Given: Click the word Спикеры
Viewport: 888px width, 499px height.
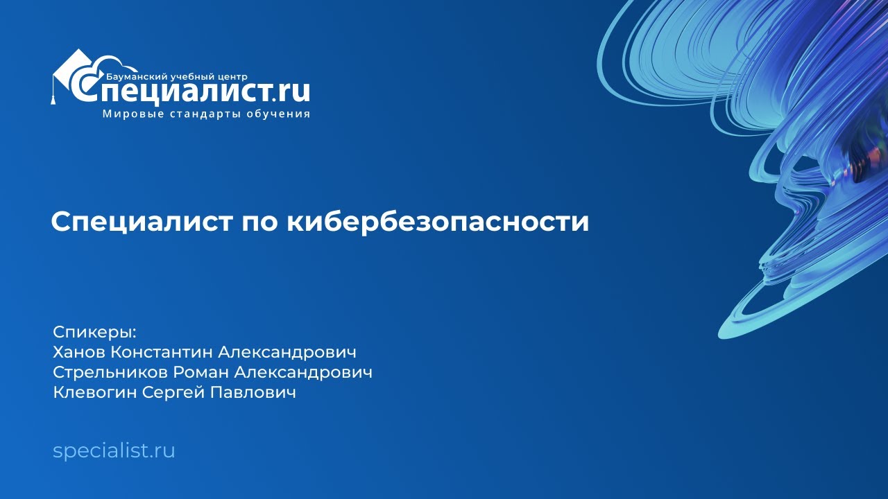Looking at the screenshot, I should pos(94,332).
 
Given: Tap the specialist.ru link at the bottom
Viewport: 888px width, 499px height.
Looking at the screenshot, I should pos(114,451).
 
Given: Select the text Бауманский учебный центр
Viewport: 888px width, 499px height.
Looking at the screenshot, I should pos(177,76).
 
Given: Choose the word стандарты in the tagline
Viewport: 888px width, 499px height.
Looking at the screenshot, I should pos(205,114).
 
